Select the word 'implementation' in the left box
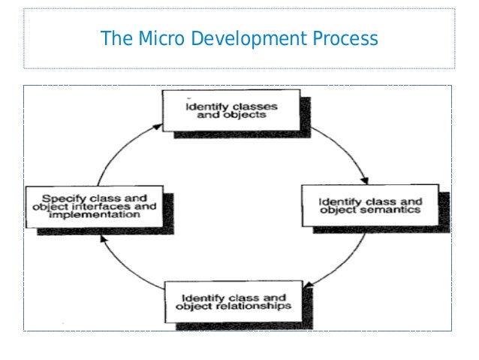coord(95,214)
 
